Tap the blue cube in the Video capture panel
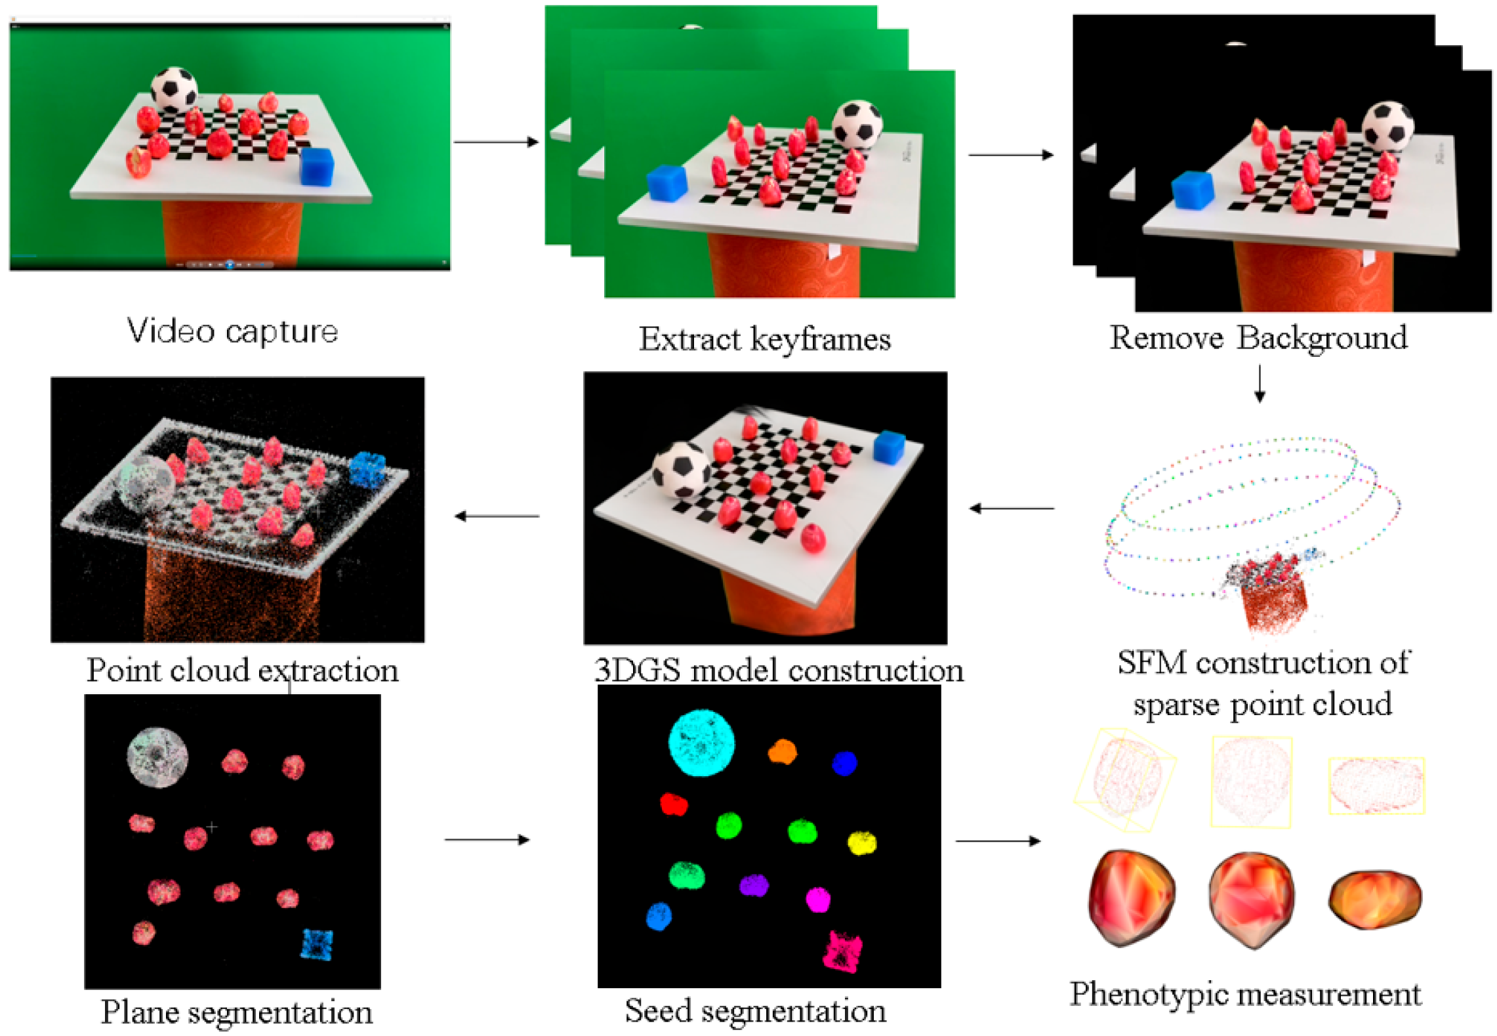tap(317, 166)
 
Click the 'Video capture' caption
tap(232, 331)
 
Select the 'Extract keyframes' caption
tap(765, 339)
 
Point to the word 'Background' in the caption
tap(1323, 338)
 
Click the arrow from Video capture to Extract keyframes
tap(496, 142)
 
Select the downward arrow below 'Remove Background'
tap(1259, 384)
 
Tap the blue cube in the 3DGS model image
tap(889, 447)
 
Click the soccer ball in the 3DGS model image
tap(681, 470)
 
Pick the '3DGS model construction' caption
tap(779, 671)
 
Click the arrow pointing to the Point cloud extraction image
tap(497, 516)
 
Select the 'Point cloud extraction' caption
tap(243, 671)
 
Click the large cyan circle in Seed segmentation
tap(701, 743)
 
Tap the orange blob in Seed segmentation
tap(782, 752)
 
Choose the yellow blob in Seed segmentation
tap(861, 842)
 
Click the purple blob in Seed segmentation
tap(754, 885)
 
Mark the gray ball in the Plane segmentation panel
tap(157, 757)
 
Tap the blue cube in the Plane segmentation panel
tap(317, 944)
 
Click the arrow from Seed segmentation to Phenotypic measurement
tap(998, 840)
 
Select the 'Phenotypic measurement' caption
tap(1245, 994)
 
